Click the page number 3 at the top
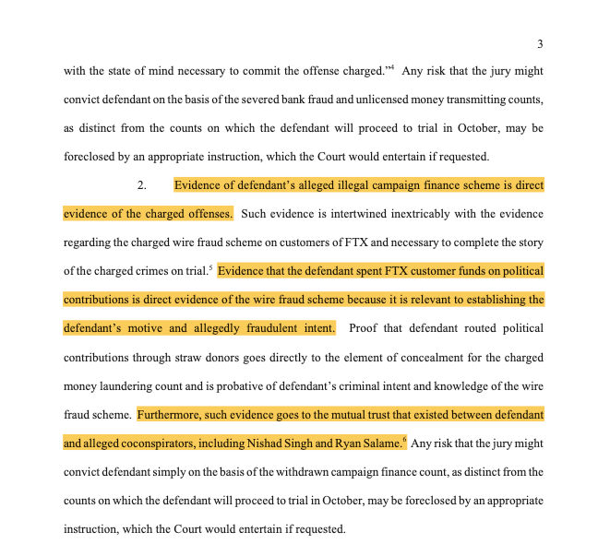(x=540, y=43)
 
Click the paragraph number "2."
(x=142, y=185)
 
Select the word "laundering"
(x=129, y=385)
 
